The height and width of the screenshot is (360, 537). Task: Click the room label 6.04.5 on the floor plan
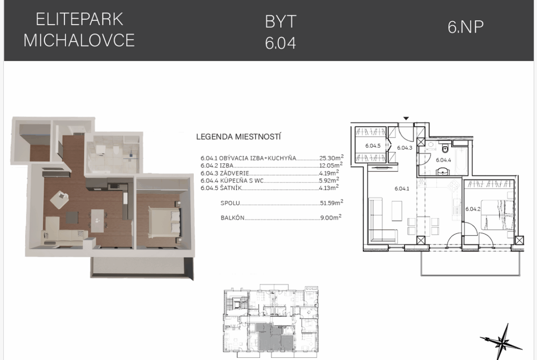click(x=373, y=146)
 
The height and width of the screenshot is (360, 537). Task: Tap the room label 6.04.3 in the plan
click(x=404, y=148)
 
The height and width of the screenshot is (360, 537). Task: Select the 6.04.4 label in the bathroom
click(x=443, y=160)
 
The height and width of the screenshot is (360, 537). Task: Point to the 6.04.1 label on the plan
click(x=402, y=188)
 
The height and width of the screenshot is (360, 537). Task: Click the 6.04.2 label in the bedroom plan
click(x=473, y=209)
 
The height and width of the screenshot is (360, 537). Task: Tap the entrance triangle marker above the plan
click(x=406, y=119)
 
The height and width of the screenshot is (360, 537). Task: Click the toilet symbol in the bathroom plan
click(x=445, y=148)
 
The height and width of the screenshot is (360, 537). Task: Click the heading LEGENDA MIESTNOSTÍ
click(x=238, y=137)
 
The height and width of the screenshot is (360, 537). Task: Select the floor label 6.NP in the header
click(x=466, y=27)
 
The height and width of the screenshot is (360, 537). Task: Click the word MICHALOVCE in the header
click(x=79, y=40)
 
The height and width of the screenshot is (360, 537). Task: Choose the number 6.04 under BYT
click(x=280, y=43)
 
